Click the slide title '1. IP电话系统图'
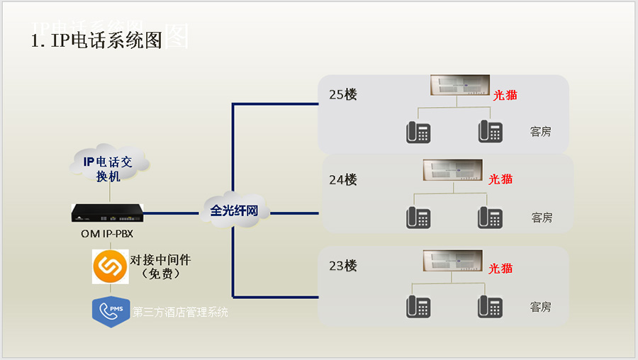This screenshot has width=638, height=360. [97, 40]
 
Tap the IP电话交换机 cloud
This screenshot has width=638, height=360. [109, 168]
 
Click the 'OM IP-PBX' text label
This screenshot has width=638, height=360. [107, 233]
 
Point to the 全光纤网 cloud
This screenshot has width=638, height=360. [234, 210]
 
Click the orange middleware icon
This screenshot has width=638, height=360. [110, 266]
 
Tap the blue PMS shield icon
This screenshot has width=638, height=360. [110, 311]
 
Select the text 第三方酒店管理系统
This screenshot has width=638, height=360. [181, 312]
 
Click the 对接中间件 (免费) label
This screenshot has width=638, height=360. [160, 266]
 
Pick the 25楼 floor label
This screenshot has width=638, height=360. [343, 94]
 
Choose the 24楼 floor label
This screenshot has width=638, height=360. [343, 180]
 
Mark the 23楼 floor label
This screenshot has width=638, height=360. [343, 266]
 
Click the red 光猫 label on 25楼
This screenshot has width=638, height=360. [505, 95]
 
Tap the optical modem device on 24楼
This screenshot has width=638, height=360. [452, 170]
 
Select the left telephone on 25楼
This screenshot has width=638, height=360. [418, 132]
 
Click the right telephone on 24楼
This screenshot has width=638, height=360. [490, 218]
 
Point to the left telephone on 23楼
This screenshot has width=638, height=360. [418, 306]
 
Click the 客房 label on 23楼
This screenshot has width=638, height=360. [541, 307]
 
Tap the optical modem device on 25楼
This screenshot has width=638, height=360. [459, 86]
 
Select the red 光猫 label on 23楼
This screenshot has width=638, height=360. [500, 269]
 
